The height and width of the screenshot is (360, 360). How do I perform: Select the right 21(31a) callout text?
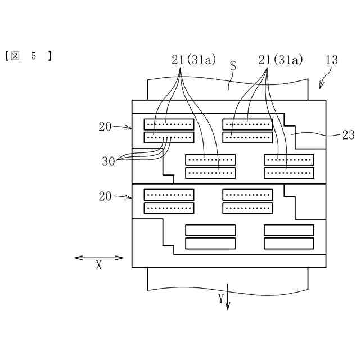281,60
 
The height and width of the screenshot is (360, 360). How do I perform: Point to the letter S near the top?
232,66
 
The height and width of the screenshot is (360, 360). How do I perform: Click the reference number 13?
332,60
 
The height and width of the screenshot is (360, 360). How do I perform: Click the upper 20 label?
105,127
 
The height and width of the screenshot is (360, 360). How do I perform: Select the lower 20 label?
105,196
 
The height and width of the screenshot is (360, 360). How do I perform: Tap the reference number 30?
109,161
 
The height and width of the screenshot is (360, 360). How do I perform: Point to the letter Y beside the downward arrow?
221,298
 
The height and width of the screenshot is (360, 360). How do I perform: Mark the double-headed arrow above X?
99,258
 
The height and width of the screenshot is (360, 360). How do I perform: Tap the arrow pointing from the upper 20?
123,128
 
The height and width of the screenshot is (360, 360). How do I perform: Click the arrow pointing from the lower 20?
123,197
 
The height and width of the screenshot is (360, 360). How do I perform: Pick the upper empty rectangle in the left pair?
210,229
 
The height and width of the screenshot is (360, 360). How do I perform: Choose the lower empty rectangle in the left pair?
210,243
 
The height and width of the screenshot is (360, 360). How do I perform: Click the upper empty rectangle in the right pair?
289,229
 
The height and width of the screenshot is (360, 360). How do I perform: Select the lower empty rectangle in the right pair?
289,243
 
